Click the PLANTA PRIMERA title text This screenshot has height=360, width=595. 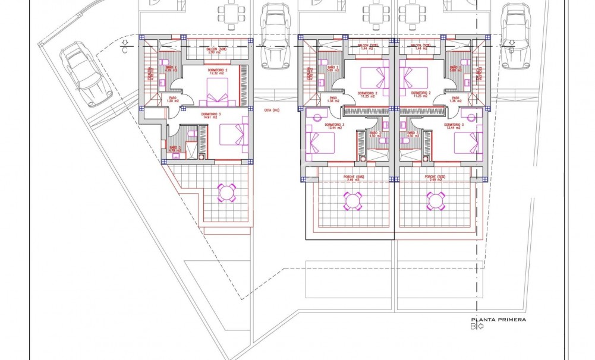(x=498, y=320)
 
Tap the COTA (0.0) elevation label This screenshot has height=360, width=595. (x=272, y=109)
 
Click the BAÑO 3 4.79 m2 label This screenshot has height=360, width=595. (x=174, y=149)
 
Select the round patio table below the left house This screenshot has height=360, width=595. (x=226, y=192)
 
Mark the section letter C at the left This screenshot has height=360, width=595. (x=124, y=50)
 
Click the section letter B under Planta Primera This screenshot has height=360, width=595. (x=474, y=326)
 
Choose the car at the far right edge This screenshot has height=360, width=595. (x=512, y=35)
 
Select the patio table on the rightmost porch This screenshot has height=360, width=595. (x=436, y=201)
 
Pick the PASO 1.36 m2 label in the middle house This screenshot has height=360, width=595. (x=333, y=100)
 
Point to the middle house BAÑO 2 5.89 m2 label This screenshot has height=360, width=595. (x=333, y=70)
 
